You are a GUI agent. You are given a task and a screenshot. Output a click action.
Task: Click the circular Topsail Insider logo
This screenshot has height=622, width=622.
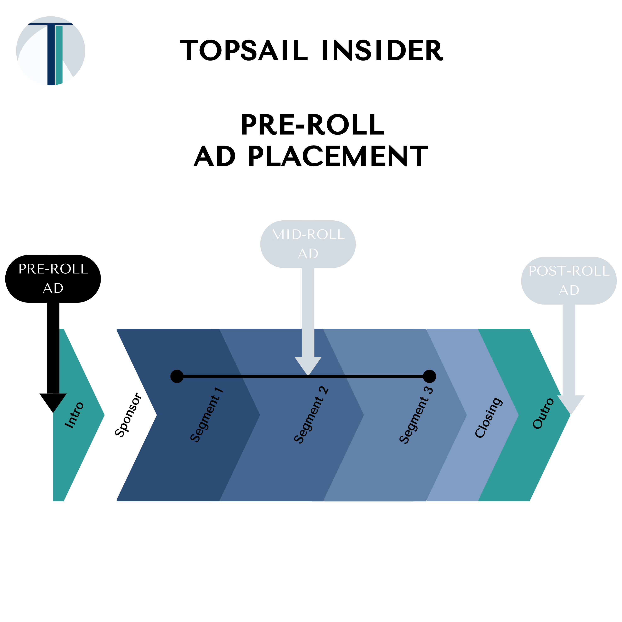(51, 51)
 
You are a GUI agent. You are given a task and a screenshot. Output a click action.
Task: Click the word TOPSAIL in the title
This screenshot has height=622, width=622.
(244, 51)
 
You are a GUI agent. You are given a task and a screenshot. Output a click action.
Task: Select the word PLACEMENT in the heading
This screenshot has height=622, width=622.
(338, 156)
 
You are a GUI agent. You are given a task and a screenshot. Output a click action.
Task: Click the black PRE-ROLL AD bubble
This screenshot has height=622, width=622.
(53, 278)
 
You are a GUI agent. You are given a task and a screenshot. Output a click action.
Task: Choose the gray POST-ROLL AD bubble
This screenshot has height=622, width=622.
(569, 280)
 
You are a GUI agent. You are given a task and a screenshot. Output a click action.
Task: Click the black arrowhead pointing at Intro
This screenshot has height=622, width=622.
(53, 402)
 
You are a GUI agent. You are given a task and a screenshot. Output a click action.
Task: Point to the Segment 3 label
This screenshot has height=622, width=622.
(416, 415)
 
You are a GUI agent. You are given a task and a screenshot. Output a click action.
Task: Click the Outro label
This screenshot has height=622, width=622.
(543, 414)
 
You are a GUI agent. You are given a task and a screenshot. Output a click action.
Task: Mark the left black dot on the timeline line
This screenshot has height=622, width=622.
(177, 376)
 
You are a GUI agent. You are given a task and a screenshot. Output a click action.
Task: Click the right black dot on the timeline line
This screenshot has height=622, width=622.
(429, 376)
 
